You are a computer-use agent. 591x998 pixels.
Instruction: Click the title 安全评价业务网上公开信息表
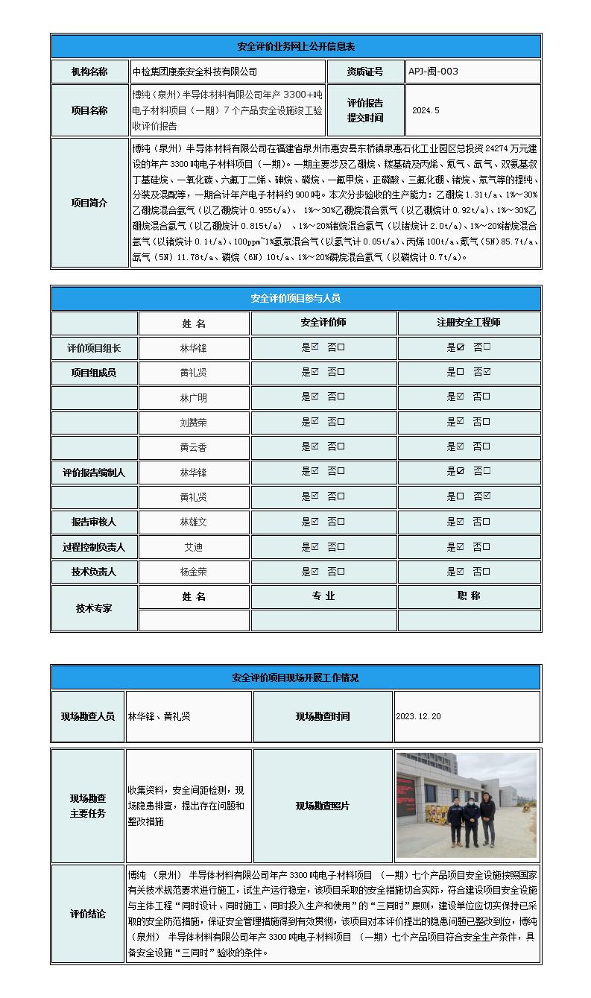click(x=296, y=46)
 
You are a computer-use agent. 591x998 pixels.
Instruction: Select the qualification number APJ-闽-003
click(x=433, y=72)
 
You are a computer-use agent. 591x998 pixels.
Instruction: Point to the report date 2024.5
click(x=426, y=110)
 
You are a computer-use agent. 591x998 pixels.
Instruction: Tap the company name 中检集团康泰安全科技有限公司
click(x=195, y=72)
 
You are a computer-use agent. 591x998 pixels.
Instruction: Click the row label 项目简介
click(x=89, y=203)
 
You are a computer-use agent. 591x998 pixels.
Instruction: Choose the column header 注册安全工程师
click(x=468, y=323)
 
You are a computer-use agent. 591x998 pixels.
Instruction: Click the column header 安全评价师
click(x=323, y=323)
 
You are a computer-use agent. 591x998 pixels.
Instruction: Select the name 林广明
click(x=193, y=397)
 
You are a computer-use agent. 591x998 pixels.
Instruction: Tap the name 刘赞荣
click(x=193, y=422)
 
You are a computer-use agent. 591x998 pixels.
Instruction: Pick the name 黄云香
click(x=193, y=446)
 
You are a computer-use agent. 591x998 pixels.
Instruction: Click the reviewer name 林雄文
click(x=193, y=522)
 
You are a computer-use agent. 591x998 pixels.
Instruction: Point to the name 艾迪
click(x=193, y=547)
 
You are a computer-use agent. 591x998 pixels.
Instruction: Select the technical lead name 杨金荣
click(x=193, y=572)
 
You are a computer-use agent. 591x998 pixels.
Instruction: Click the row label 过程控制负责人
click(x=94, y=547)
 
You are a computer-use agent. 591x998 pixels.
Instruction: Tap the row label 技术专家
click(x=94, y=608)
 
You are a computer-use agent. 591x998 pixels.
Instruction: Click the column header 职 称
click(x=468, y=596)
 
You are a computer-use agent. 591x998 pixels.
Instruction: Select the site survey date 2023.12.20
click(x=418, y=716)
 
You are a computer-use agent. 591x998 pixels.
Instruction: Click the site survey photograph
click(x=466, y=805)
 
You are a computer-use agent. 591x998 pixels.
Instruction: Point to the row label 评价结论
click(x=88, y=915)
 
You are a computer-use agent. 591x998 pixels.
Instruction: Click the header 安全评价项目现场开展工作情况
click(x=296, y=678)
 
